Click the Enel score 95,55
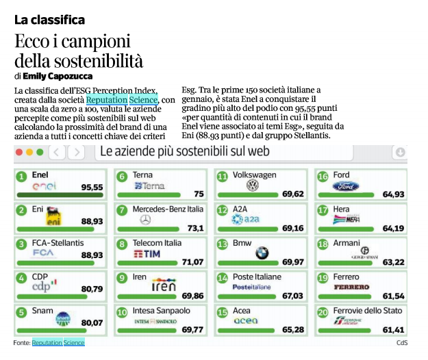(x=92, y=187)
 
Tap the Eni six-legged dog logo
(x=54, y=217)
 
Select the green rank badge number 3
(x=22, y=244)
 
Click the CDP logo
(x=45, y=285)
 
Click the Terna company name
(x=142, y=175)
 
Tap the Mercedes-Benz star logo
(x=145, y=220)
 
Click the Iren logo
(x=164, y=285)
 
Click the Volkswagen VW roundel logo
(x=252, y=185)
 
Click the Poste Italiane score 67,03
(x=292, y=296)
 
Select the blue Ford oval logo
(x=349, y=186)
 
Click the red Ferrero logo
(x=351, y=287)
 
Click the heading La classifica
(x=49, y=20)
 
